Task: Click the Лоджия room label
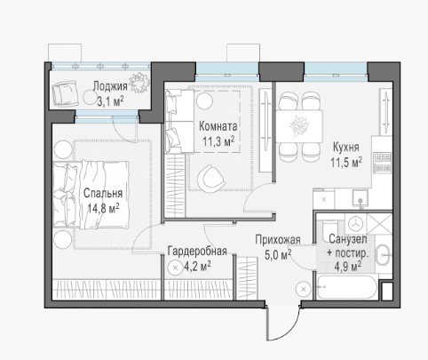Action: (x=110, y=86)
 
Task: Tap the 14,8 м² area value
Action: (x=103, y=208)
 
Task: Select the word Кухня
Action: (x=346, y=148)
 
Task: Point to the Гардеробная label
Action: (x=197, y=252)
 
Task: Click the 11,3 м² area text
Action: (x=218, y=141)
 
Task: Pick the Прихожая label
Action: (x=278, y=240)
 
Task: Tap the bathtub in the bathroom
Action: (x=346, y=287)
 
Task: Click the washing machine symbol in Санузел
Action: (x=355, y=224)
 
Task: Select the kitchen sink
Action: (x=361, y=198)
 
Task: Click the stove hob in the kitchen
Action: (x=382, y=163)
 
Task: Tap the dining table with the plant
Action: (x=299, y=126)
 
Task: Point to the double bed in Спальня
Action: (x=91, y=195)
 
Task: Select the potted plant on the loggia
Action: (x=139, y=82)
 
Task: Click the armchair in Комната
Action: (x=210, y=179)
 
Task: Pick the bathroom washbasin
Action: (x=384, y=254)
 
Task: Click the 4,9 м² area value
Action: (x=347, y=267)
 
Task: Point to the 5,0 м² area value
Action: (x=278, y=255)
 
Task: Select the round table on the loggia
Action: (x=90, y=98)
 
